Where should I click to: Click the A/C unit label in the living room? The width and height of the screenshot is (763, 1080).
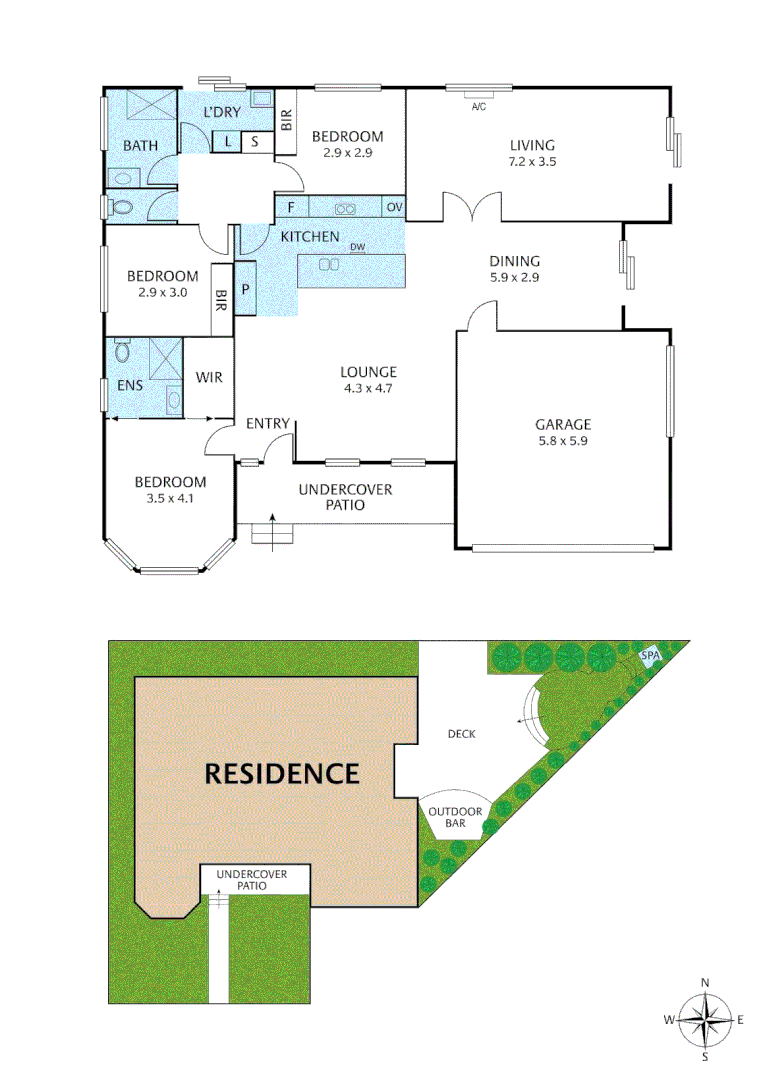[x=478, y=107]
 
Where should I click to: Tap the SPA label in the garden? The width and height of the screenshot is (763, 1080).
[x=650, y=655]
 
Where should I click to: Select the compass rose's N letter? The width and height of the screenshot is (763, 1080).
[x=705, y=983]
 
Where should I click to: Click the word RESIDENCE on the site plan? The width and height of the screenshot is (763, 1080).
[x=281, y=772]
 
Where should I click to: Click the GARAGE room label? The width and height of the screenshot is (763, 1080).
[x=562, y=424]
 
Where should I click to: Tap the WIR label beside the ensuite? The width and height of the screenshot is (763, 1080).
[x=209, y=377]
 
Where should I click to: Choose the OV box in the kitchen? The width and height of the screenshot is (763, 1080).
[x=394, y=207]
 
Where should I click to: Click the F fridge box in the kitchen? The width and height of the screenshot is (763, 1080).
[x=291, y=208]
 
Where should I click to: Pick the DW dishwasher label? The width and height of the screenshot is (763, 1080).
[x=357, y=246]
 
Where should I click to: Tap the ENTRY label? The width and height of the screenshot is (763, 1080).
[x=268, y=424]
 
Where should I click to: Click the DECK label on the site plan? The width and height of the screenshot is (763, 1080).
[x=461, y=734]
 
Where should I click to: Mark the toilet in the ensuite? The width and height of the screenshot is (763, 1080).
[x=122, y=352]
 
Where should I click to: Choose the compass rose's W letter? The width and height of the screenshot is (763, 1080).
[x=668, y=1020]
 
